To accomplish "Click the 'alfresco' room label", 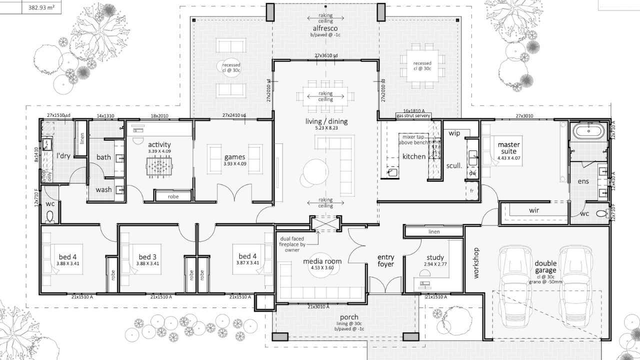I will click(325, 28).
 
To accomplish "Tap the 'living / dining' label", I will click(326, 121).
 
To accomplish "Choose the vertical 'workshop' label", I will click(476, 262).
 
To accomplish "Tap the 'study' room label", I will click(435, 258).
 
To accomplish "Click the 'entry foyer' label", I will click(385, 260).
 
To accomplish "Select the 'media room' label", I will click(322, 261).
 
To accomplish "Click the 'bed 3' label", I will click(147, 256).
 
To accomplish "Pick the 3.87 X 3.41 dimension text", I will click(247, 263).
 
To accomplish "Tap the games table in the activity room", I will click(159, 166).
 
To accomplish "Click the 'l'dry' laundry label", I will click(63, 156).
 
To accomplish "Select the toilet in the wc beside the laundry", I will click(49, 215).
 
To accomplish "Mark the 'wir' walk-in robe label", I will click(534, 210).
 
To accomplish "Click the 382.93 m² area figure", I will click(41, 7).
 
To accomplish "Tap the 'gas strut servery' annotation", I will click(413, 115).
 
